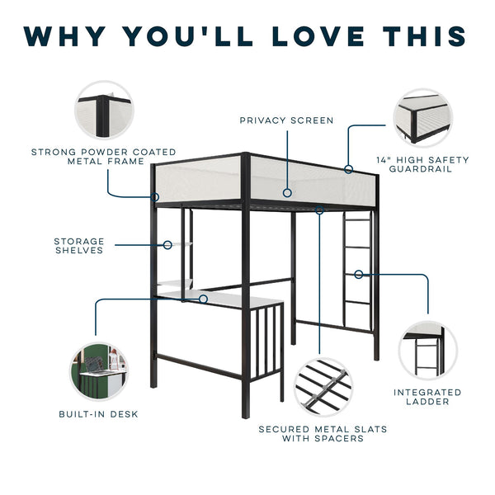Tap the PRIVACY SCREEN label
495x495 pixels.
coord(286,120)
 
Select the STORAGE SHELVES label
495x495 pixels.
coord(79,246)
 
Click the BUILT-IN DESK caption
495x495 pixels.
coord(98,413)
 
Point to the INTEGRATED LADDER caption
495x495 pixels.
coord(427,397)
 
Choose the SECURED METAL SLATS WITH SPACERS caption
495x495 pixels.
coord(323,434)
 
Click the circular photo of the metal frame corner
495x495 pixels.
coord(103,110)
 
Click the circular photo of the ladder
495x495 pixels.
coord(427,350)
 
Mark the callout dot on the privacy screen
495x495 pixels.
coord(286,192)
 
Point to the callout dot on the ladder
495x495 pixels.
coord(359,274)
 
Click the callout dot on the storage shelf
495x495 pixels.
coord(167,244)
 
